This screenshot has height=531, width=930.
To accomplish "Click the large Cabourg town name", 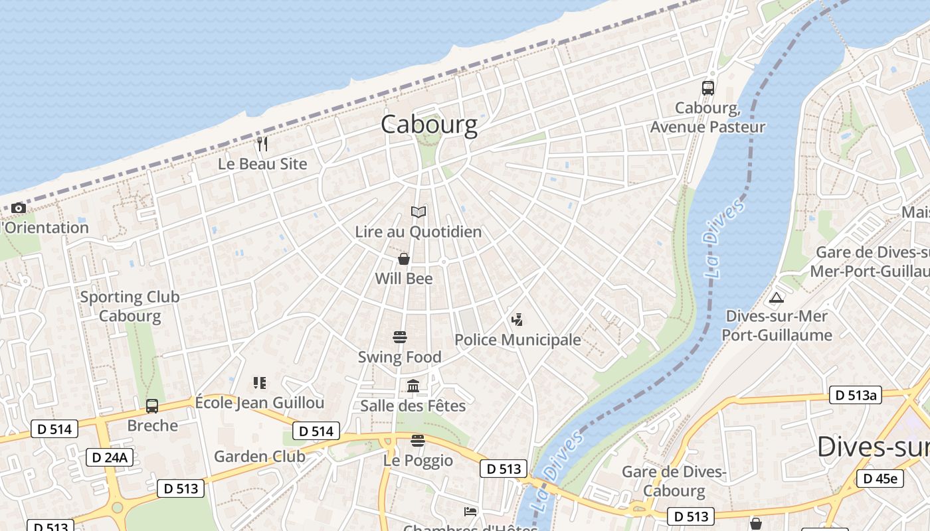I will tap(429, 125).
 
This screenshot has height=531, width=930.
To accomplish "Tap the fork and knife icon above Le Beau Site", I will tap(262, 143).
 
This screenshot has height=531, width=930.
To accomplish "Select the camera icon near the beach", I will tap(19, 208).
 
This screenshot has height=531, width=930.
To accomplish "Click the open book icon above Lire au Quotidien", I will tap(418, 212).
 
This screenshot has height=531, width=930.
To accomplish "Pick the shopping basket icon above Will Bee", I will tap(403, 259).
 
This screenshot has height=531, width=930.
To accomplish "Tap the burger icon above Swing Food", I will tap(399, 337).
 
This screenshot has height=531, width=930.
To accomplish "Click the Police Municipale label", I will tap(517, 340).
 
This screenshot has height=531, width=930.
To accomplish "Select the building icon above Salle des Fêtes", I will tap(413, 386).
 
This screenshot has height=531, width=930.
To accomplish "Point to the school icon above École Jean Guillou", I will tap(260, 383).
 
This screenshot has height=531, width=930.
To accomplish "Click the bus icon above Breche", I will tap(152, 406).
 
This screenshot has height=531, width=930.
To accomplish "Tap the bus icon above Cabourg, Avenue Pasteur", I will tap(708, 88).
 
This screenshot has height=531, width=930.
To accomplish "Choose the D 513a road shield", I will tap(856, 396).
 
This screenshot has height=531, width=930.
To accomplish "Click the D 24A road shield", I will tap(110, 457).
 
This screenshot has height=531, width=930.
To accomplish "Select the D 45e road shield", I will tap(880, 479).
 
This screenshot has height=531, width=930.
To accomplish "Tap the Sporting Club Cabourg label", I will tap(130, 306).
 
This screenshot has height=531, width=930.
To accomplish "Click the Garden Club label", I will tap(260, 456).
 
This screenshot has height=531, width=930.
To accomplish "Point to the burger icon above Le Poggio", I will tap(417, 441).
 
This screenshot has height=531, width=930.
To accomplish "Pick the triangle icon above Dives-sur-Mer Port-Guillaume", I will tap(776, 297).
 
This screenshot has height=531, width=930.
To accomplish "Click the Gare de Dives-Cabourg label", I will tap(674, 481).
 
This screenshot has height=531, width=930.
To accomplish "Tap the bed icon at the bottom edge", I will tap(470, 512).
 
